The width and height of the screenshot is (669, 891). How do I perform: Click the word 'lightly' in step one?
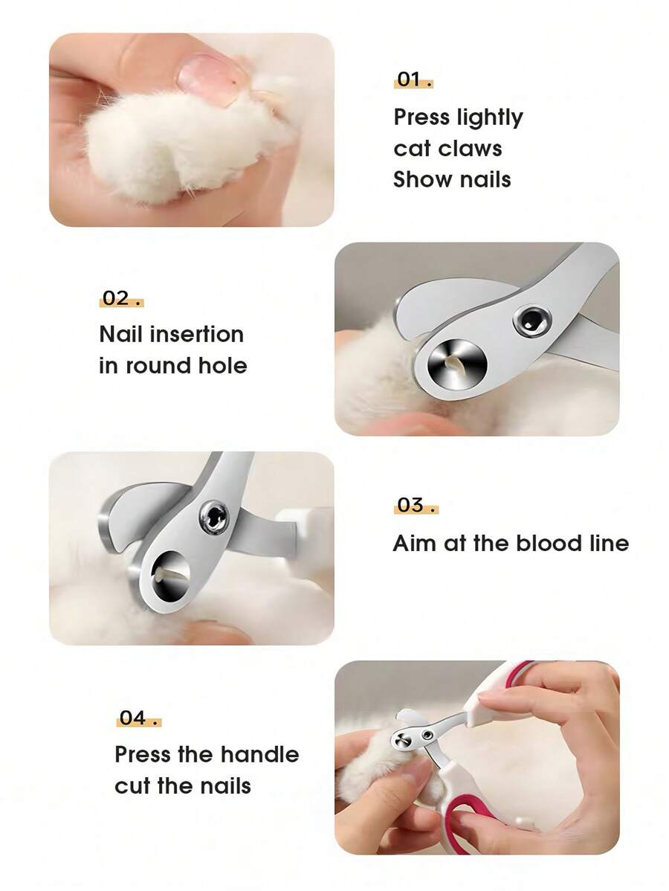click(490, 118)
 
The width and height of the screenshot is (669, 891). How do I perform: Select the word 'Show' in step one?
click(419, 180)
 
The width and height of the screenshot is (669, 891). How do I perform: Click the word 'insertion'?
click(196, 335)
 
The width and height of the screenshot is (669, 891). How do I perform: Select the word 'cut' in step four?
click(132, 786)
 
